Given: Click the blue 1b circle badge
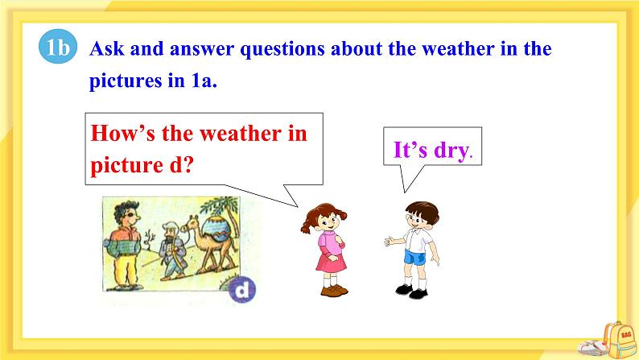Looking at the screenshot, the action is click(x=58, y=47).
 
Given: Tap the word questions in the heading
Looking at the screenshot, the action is click(x=282, y=50).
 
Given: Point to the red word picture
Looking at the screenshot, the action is click(x=126, y=166).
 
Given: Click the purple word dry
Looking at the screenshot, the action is click(x=451, y=151).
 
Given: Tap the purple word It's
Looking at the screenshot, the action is click(x=410, y=149).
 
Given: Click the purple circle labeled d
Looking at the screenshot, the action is click(x=242, y=290).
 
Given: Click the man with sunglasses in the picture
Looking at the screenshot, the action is click(x=124, y=245).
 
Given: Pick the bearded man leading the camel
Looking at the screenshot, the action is click(x=171, y=251).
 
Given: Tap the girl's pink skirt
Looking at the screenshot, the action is click(x=331, y=263).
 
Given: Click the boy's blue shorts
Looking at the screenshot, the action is click(x=414, y=258).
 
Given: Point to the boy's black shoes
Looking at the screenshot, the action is click(x=411, y=291).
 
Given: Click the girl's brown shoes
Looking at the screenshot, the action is click(x=334, y=291).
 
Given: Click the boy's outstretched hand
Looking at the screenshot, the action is click(x=389, y=241).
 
